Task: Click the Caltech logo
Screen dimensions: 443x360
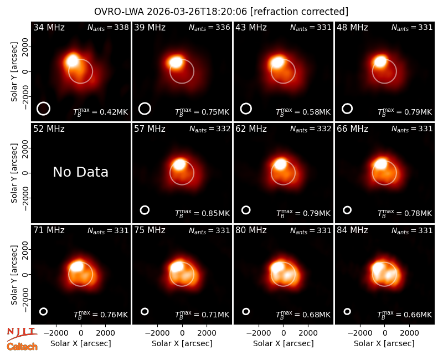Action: (22, 347)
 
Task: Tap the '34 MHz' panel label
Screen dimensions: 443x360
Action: (49, 27)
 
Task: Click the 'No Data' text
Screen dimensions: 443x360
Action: (81, 172)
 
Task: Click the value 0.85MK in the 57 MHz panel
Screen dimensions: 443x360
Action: (215, 213)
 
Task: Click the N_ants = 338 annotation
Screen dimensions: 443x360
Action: (108, 27)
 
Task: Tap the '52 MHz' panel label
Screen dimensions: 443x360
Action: (49, 129)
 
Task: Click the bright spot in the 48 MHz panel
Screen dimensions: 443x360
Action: (380, 61)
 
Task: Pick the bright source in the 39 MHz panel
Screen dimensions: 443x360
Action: (176, 62)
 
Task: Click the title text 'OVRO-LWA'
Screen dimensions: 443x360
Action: (119, 12)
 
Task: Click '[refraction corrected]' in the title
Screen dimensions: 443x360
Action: (299, 12)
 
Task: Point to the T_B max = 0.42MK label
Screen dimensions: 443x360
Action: (101, 112)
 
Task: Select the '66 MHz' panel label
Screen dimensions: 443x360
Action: (352, 129)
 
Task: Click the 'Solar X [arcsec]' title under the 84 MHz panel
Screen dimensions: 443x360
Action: (384, 343)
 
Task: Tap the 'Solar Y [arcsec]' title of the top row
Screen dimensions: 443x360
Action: (14, 72)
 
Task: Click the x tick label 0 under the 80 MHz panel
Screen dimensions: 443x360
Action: (284, 333)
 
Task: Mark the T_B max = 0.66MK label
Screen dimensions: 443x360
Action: (405, 315)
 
